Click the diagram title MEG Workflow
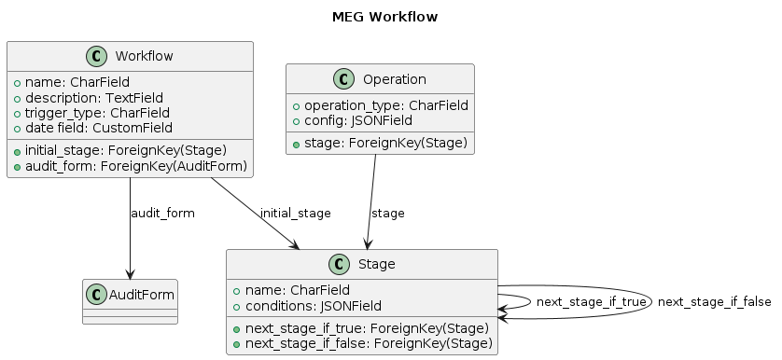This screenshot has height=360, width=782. click(384, 17)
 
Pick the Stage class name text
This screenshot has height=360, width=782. click(377, 265)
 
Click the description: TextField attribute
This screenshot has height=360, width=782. click(94, 97)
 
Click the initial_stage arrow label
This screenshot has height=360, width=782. click(296, 214)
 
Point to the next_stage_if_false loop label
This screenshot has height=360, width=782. click(714, 302)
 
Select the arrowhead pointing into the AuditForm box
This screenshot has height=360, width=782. click(130, 271)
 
